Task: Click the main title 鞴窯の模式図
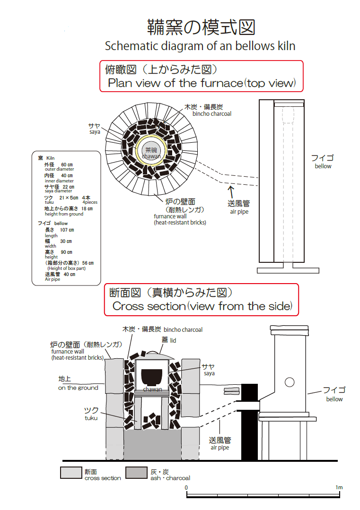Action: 201,27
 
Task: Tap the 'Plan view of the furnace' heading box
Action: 201,76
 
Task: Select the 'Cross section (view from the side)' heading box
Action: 201,300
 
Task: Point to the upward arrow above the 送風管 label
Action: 231,191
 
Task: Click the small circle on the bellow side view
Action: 290,382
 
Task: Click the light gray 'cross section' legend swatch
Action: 70,473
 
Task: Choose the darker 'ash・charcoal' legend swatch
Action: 136,473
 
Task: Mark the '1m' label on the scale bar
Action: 339,487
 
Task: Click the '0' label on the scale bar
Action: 186,487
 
